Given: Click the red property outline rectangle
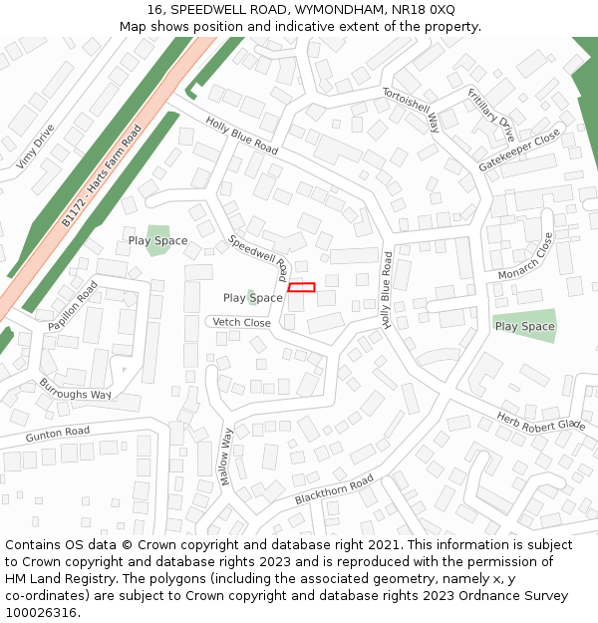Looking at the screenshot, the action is point(301,287).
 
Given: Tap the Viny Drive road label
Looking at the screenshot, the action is point(36,147).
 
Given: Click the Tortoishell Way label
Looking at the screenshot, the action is point(411,109).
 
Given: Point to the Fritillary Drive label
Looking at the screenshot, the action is point(491,115).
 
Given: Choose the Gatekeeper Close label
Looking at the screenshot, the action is point(519,150).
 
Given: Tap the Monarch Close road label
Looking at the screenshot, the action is point(525,257).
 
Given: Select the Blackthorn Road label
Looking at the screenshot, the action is point(334,489).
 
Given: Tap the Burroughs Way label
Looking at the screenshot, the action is point(76,388).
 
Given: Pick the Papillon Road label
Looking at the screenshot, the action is point(73,306).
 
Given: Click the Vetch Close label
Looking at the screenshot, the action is point(241,323).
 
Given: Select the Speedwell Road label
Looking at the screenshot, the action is point(259,255).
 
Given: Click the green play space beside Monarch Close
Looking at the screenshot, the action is point(524,325).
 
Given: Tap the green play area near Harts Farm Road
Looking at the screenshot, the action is point(157,239).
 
